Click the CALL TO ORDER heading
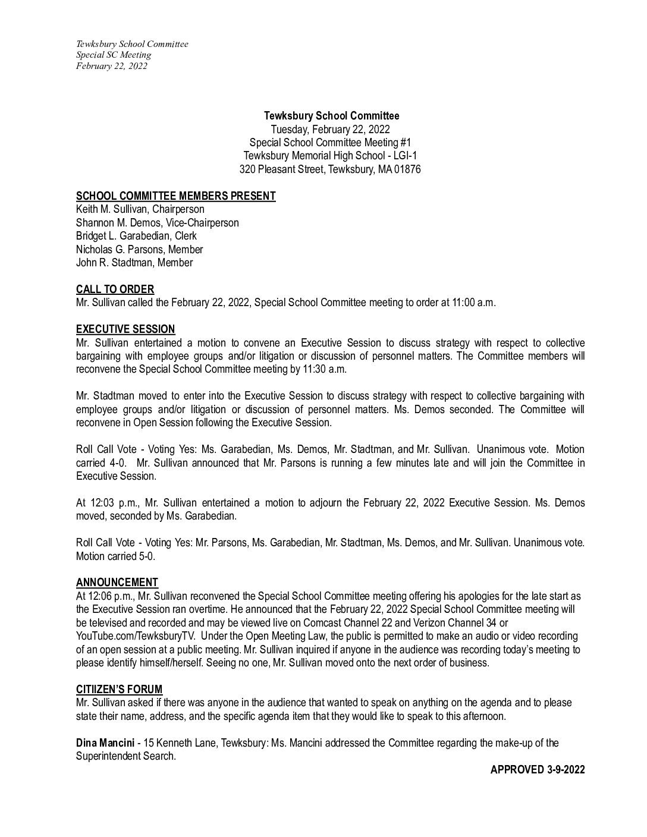tap(115, 290)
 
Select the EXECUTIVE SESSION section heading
tap(125, 329)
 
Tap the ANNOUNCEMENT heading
tap(117, 583)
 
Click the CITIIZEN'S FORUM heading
tap(119, 690)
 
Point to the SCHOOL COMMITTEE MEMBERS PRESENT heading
tap(175, 196)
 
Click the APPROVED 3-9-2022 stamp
tap(537, 770)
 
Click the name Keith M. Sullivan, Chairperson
tap(140, 209)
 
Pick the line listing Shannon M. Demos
tap(157, 223)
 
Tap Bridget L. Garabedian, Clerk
tap(136, 236)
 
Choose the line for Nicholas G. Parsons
tap(139, 250)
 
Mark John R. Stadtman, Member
tap(134, 263)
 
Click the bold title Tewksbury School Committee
tap(331, 116)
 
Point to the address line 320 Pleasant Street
tap(330, 169)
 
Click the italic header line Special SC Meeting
tap(113, 55)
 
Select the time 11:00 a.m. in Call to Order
tap(469, 303)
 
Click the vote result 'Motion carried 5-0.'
tap(115, 556)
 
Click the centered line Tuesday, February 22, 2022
tap(331, 129)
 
